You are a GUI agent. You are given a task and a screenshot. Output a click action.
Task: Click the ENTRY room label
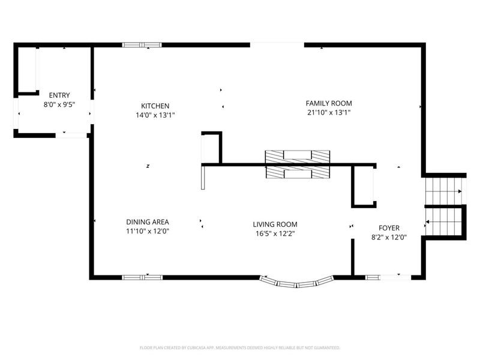59,95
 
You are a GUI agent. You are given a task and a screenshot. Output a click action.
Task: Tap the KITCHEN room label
155,105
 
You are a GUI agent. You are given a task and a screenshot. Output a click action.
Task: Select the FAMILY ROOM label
329,103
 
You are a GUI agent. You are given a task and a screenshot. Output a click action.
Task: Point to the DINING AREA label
147,221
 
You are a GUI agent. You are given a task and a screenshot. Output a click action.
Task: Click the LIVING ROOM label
275,224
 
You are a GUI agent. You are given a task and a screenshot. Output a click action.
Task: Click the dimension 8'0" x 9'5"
59,104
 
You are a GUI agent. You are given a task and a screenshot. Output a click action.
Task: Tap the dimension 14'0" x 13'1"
155,115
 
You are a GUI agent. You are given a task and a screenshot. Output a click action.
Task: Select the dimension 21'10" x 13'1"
329,112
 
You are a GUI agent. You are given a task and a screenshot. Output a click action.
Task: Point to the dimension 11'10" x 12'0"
147,230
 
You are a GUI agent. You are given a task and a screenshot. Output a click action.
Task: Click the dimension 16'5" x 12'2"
275,233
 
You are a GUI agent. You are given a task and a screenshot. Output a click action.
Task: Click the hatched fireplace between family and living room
298,164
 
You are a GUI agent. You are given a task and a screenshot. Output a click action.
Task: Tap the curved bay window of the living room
298,282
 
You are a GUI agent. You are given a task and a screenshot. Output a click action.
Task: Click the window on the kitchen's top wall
142,44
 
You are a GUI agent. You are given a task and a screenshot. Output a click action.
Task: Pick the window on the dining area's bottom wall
142,277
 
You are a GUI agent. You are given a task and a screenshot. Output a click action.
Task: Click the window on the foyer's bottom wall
388,277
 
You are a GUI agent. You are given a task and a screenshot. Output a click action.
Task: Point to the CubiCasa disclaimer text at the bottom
240,347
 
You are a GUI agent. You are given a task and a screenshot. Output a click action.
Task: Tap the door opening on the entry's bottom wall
71,135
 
